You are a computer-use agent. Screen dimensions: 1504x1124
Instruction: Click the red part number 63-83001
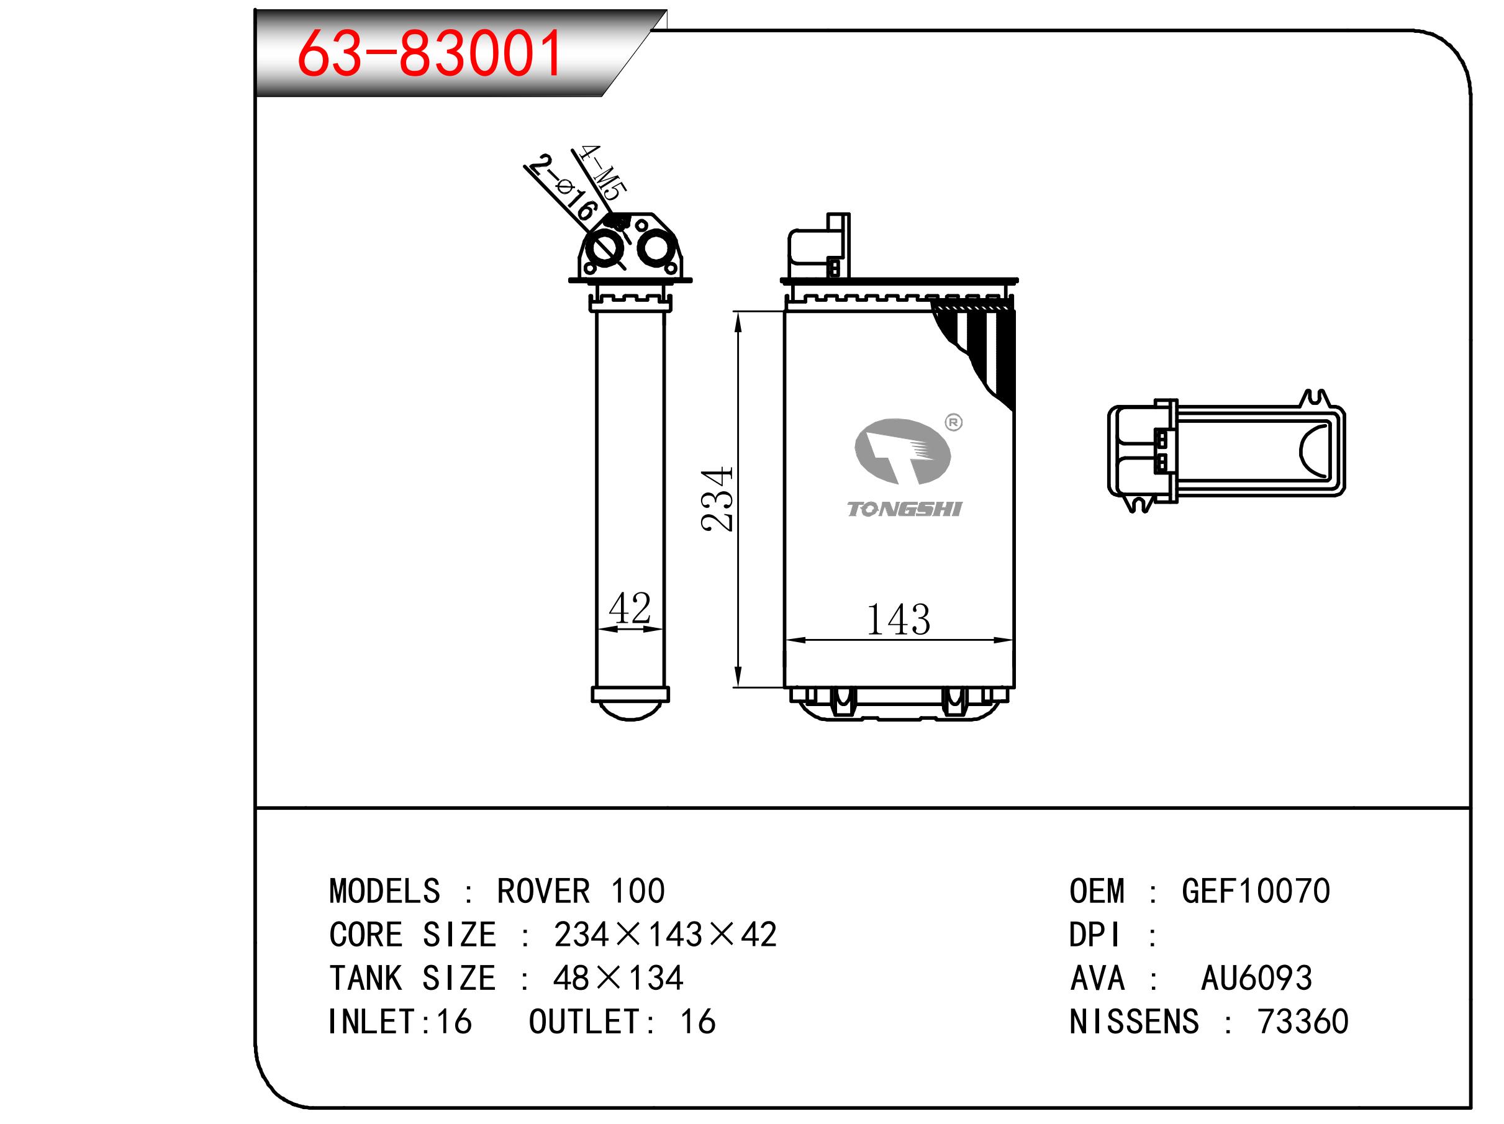(x=430, y=52)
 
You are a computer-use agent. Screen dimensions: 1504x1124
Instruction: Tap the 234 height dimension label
(x=717, y=499)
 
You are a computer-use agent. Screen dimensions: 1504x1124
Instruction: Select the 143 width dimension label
(x=898, y=620)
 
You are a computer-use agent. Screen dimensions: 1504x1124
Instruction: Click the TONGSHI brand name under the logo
(x=904, y=509)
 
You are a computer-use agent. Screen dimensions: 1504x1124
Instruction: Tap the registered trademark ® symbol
(x=954, y=422)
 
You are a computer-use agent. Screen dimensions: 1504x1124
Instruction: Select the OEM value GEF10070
(x=1256, y=891)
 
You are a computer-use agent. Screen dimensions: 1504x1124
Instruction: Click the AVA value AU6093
(x=1256, y=978)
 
